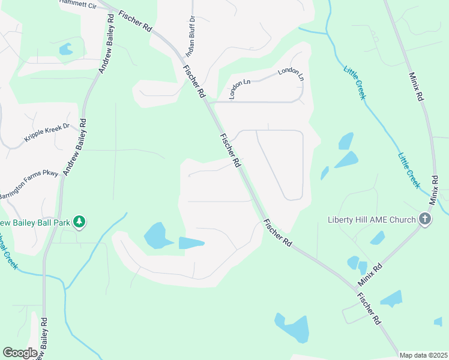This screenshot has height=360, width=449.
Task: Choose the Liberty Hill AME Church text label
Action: coord(372,219)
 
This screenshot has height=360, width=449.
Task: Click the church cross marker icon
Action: coord(425,219)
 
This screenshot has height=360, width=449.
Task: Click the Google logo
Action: coord(20,353)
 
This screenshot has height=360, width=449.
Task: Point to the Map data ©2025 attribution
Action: coord(424,355)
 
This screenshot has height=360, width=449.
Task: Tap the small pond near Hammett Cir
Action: coord(65,49)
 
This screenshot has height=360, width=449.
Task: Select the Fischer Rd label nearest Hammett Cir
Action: coord(134,22)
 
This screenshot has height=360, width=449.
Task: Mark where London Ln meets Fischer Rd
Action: coord(211,102)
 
